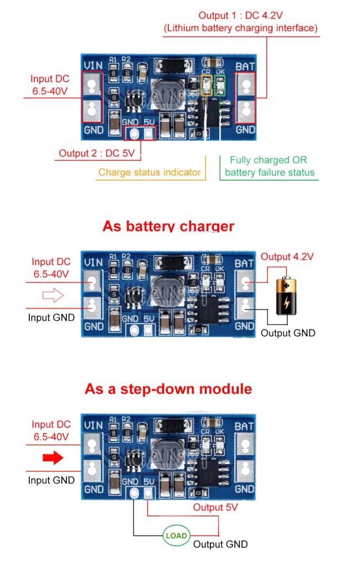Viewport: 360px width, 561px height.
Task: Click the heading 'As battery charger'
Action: point(168,227)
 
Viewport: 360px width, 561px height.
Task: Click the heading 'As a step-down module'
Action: point(168,389)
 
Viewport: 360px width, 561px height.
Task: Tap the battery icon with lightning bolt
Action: point(286,297)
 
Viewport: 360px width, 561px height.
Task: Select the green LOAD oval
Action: point(176,536)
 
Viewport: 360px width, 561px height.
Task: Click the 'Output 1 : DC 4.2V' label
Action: point(240,16)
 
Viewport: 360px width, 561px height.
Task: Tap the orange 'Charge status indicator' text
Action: point(150,172)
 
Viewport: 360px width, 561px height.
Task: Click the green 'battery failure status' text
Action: point(269,172)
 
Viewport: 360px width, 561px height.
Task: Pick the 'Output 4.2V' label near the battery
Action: point(287,256)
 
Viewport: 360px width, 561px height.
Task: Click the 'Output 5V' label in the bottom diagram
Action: point(215,507)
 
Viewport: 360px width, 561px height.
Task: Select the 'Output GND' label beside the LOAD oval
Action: point(220,544)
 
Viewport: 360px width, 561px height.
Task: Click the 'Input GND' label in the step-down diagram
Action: point(51,480)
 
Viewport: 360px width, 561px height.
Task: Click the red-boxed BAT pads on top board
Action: point(246,97)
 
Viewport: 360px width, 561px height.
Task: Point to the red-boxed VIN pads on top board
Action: point(92,97)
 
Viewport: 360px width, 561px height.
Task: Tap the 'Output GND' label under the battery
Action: point(287,333)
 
